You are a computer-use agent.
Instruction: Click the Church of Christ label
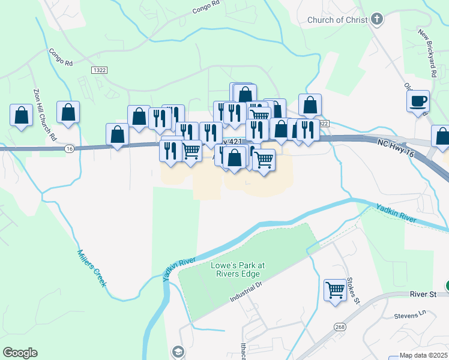(x=336, y=20)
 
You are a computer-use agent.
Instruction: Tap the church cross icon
(x=377, y=19)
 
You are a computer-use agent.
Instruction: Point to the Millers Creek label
(x=92, y=268)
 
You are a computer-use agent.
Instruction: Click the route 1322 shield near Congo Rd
(x=99, y=70)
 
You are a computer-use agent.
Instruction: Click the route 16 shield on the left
(x=70, y=149)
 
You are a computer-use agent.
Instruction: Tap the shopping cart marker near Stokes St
(x=335, y=290)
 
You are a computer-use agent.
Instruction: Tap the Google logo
(x=19, y=353)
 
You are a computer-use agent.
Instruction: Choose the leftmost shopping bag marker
(x=21, y=115)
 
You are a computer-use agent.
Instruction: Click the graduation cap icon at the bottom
(x=178, y=352)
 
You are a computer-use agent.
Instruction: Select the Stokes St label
(x=352, y=290)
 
